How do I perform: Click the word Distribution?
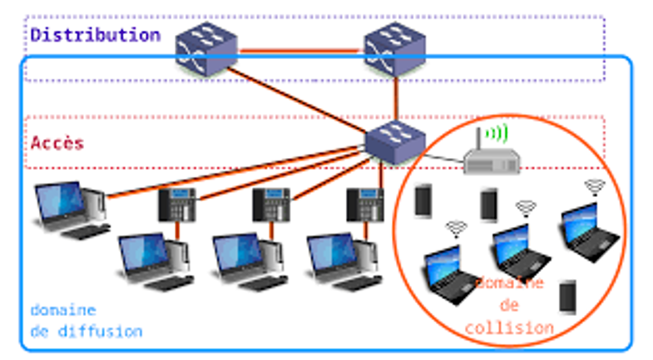(x=95, y=36)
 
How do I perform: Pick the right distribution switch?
(x=394, y=49)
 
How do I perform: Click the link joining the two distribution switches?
(x=300, y=51)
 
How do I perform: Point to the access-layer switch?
(x=394, y=142)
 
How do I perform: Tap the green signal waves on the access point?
(x=497, y=131)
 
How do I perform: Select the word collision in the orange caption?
(x=510, y=327)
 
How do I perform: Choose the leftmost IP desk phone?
(x=176, y=204)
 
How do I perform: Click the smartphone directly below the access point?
(x=488, y=205)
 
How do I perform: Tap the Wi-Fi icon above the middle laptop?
(x=523, y=208)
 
